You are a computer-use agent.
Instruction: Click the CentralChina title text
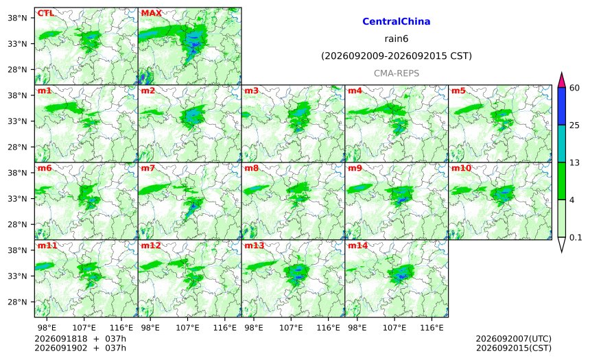pyautogui.click(x=397, y=21)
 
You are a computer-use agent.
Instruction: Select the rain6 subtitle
pyautogui.click(x=397, y=39)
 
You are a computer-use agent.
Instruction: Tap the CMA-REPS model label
pyautogui.click(x=397, y=73)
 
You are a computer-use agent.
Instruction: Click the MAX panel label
pyautogui.click(x=151, y=13)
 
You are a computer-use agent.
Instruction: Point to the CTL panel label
pyautogui.click(x=45, y=13)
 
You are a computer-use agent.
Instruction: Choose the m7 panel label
pyautogui.click(x=148, y=168)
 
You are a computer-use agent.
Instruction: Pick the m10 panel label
pyautogui.click(x=461, y=168)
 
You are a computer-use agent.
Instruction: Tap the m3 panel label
pyautogui.click(x=251, y=91)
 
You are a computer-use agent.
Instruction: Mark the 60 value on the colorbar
pyautogui.click(x=575, y=88)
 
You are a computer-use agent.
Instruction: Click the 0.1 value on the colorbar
pyautogui.click(x=576, y=238)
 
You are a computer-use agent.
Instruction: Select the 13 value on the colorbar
pyautogui.click(x=575, y=163)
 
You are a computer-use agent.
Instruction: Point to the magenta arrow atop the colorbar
pyautogui.click(x=561, y=80)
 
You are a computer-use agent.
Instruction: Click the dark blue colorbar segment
pyautogui.click(x=561, y=106)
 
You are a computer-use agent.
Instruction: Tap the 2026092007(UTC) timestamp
pyautogui.click(x=514, y=339)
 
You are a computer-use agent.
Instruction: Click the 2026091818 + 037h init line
pyautogui.click(x=80, y=339)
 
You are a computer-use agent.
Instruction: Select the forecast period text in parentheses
pyautogui.click(x=397, y=56)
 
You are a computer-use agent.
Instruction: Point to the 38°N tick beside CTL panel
pyautogui.click(x=17, y=18)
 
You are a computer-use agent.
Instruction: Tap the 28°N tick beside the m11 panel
pyautogui.click(x=17, y=302)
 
